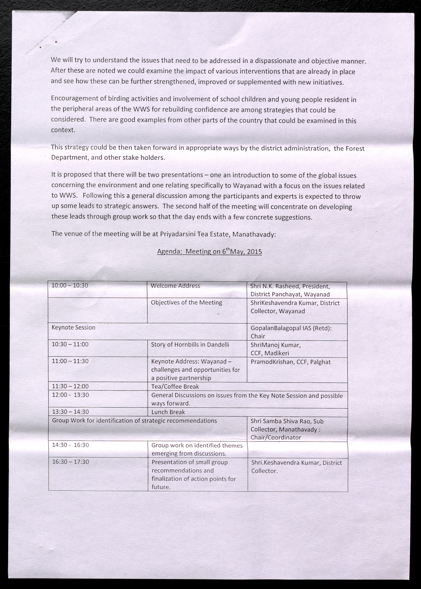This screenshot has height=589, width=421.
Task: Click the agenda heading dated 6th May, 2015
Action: (209, 251)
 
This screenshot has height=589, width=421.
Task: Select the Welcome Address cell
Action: (175, 286)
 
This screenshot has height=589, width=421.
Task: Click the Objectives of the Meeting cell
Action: (186, 302)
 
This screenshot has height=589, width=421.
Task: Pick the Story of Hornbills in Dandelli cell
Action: (190, 345)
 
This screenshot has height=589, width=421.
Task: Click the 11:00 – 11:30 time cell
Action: (70, 361)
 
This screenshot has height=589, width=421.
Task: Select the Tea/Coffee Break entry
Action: (175, 387)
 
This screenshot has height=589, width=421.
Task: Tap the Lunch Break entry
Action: (168, 412)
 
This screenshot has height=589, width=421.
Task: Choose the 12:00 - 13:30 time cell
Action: (70, 395)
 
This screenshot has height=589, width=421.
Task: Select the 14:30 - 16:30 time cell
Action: (70, 445)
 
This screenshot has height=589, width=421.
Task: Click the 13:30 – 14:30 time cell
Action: (70, 412)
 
